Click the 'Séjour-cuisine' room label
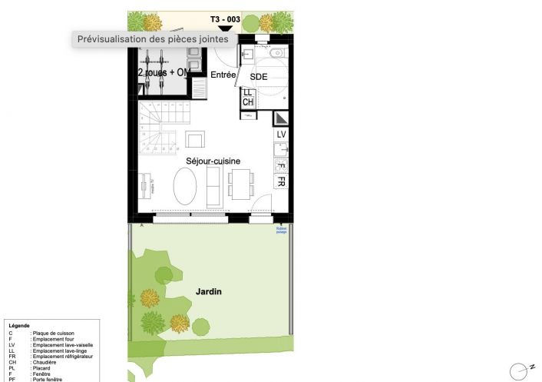point(213,161)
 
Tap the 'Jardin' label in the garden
point(209,292)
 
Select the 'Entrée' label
point(223,75)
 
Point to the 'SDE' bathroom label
point(259,78)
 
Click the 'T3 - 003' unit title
point(225,18)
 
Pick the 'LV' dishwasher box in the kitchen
point(281,135)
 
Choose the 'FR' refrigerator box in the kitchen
point(281,182)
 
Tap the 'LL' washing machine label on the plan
point(247,93)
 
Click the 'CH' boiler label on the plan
point(247,102)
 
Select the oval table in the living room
point(184,186)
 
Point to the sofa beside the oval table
point(213,186)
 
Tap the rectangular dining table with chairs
point(240,185)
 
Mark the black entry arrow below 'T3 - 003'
point(225,28)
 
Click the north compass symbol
point(520,370)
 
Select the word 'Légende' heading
point(19,326)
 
